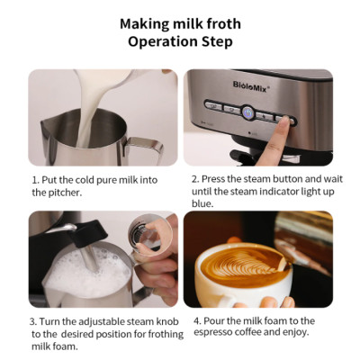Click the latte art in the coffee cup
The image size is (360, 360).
pos(232,265)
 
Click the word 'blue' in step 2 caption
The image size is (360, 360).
pos(202,203)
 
